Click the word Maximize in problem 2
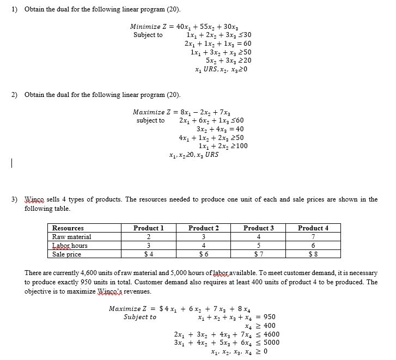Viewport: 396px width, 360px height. [x=147, y=112]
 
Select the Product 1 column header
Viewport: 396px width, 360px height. [x=149, y=228]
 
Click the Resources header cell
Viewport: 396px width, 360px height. [x=68, y=228]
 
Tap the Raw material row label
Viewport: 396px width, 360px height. [x=71, y=237]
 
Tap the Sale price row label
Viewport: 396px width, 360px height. [x=66, y=254]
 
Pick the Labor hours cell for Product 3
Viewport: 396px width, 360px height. [x=259, y=246]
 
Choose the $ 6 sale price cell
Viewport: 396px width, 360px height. [x=204, y=254]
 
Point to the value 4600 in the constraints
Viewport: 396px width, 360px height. [x=271, y=334]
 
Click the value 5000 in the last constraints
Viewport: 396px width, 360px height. [x=271, y=343]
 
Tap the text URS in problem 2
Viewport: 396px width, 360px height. [x=211, y=155]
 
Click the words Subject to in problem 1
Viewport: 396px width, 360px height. [x=148, y=35]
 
